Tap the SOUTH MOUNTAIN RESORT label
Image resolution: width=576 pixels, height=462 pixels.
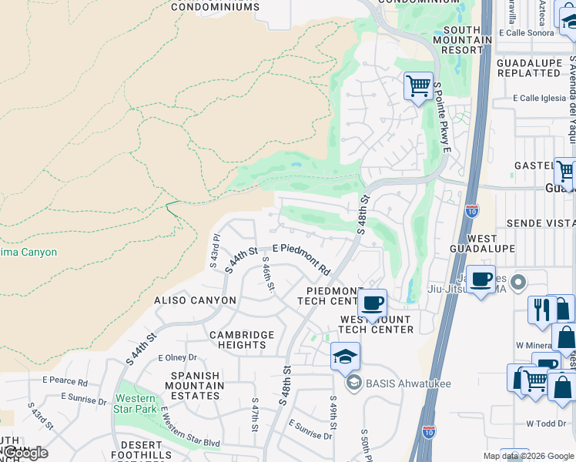pyautogui.click(x=462, y=39)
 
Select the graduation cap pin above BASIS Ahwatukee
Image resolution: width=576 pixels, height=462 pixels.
pyautogui.click(x=345, y=357)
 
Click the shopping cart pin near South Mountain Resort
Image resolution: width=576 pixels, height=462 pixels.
pyautogui.click(x=418, y=85)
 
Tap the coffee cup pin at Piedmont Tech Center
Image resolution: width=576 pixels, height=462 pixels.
pyautogui.click(x=372, y=303)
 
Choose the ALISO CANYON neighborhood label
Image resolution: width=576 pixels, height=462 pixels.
pyautogui.click(x=196, y=300)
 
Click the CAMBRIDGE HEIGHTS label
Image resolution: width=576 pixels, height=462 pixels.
pyautogui.click(x=242, y=340)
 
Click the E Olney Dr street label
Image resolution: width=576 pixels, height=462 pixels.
pyautogui.click(x=178, y=358)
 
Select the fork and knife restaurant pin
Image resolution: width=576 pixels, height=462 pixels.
pyautogui.click(x=541, y=309)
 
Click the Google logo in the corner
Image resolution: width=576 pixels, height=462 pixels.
pyautogui.click(x=25, y=453)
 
